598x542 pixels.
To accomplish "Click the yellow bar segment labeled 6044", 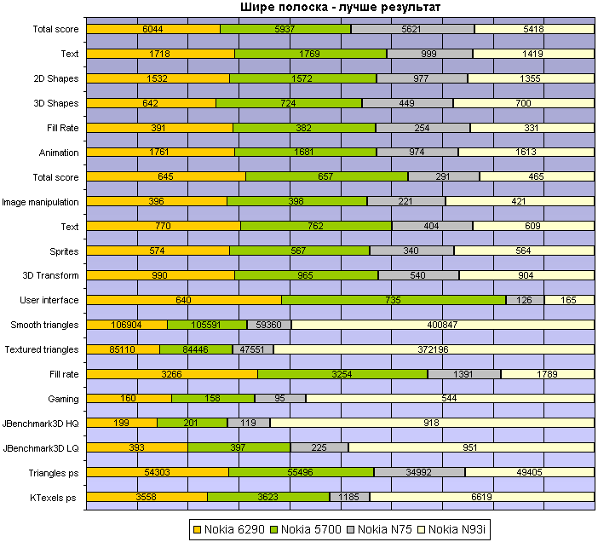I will click(x=153, y=29).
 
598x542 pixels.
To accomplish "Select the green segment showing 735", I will click(x=394, y=300).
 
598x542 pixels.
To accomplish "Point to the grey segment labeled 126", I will click(x=525, y=300).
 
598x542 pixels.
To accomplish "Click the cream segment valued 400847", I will click(x=443, y=325).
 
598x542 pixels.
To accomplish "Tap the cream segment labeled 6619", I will click(x=482, y=497).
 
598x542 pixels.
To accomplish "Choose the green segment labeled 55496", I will click(x=301, y=472).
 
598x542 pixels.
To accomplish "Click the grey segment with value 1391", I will click(x=464, y=374).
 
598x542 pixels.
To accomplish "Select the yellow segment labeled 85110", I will click(x=123, y=349).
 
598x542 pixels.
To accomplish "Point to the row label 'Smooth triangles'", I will click(x=44, y=325).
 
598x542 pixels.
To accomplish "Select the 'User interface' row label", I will click(x=49, y=300).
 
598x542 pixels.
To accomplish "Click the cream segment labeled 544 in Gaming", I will click(x=450, y=399).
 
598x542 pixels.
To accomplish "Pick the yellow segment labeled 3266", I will click(x=172, y=374).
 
